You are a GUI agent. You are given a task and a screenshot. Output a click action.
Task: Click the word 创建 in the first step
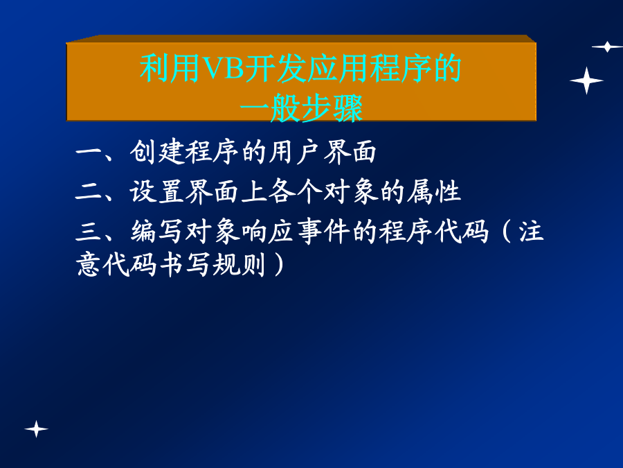156,152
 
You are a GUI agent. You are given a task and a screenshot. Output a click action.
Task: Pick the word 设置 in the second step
156,192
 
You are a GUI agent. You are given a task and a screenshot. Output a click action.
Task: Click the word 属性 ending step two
433,192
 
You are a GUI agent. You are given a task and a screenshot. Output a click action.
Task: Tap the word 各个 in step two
295,192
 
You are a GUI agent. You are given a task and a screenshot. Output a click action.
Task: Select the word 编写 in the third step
156,231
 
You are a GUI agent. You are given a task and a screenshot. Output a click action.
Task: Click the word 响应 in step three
267,231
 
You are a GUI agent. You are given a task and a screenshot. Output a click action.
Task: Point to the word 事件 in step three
323,231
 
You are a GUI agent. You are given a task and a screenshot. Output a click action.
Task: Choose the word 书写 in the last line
184,264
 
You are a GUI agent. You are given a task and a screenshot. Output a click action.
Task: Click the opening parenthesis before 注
506,231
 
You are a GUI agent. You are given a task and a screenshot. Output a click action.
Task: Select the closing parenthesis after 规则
279,264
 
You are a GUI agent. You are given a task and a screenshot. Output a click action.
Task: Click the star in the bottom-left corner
36,429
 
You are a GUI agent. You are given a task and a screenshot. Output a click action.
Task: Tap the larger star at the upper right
586,81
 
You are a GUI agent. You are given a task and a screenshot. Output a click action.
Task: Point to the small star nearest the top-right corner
607,46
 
